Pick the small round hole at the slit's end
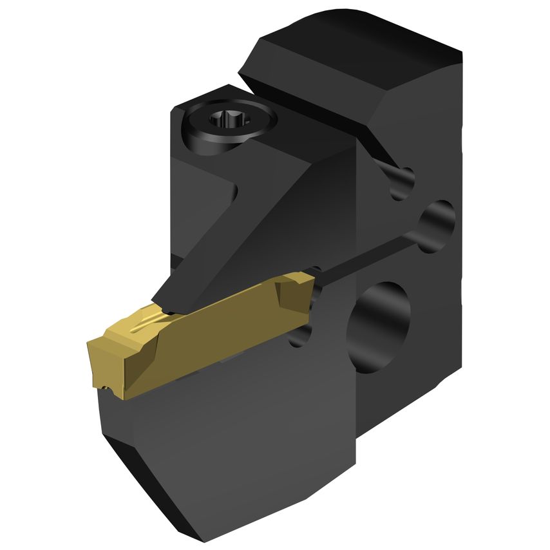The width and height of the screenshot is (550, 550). pos(438,222)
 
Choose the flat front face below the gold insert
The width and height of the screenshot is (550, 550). pos(225,438)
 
